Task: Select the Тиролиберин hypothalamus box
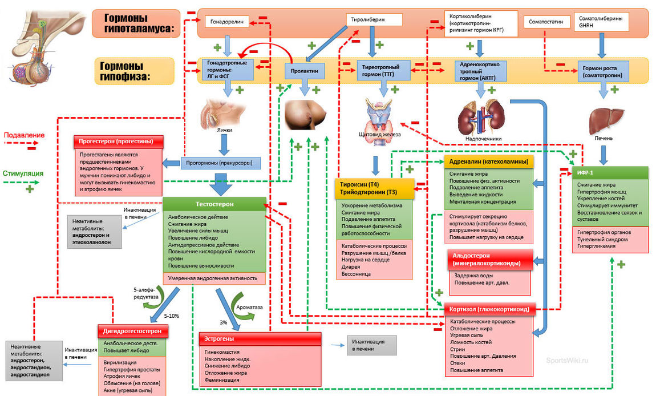(x=374, y=20)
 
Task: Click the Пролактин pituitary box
(x=305, y=70)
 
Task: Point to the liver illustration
(x=604, y=120)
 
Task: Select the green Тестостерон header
(x=215, y=204)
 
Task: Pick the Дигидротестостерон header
(x=136, y=330)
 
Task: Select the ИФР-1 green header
(x=610, y=173)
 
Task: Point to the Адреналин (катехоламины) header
(x=488, y=161)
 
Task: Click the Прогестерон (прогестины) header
(x=118, y=141)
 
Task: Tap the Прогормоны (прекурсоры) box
(x=220, y=163)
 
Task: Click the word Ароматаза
(x=250, y=307)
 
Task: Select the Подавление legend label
(x=24, y=136)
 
